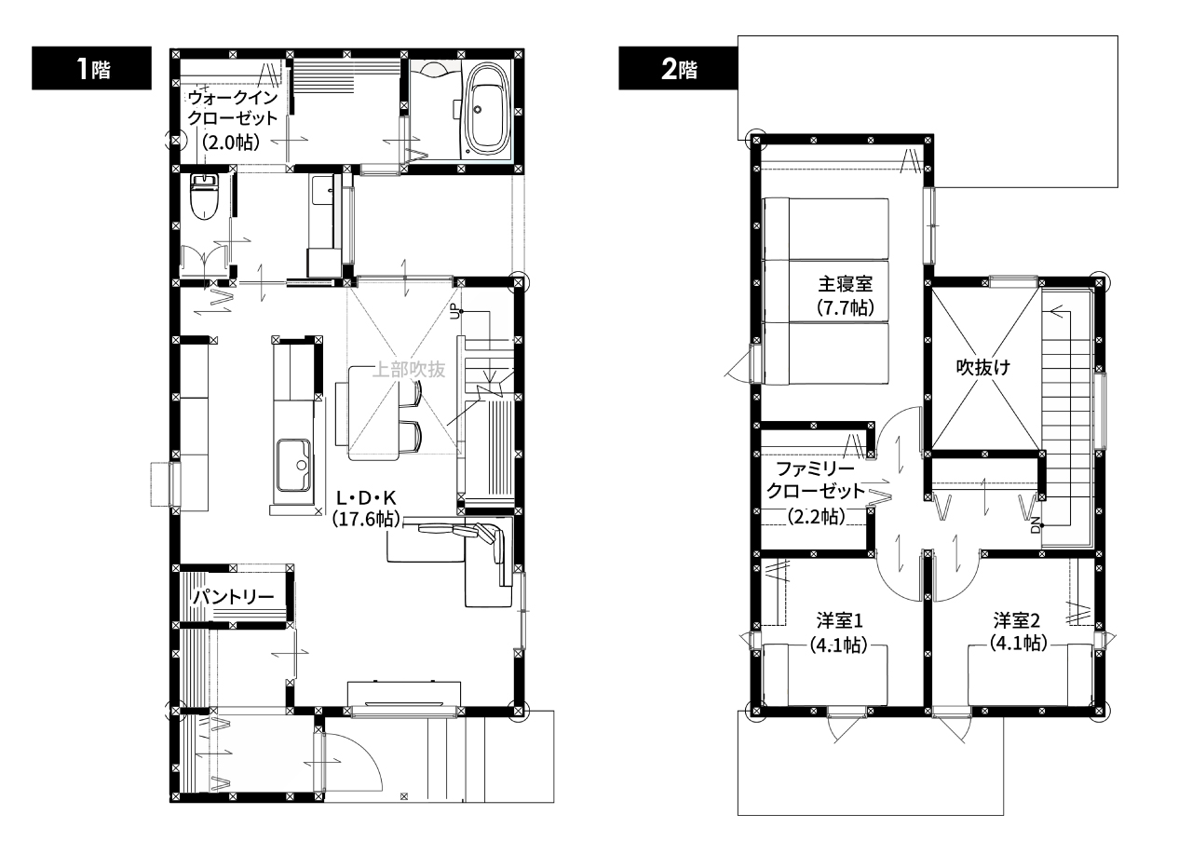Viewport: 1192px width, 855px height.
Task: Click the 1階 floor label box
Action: (x=91, y=68)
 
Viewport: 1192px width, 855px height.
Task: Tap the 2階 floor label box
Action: (x=678, y=68)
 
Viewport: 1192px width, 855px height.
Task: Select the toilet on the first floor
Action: (x=204, y=197)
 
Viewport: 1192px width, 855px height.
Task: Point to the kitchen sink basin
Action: (x=293, y=465)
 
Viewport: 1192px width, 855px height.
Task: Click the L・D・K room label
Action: (x=366, y=497)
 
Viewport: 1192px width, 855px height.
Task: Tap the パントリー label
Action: (x=233, y=597)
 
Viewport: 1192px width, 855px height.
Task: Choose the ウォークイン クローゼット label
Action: (x=233, y=107)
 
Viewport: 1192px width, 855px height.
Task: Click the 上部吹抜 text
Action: (x=408, y=369)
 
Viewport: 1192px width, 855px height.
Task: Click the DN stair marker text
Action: (x=1035, y=525)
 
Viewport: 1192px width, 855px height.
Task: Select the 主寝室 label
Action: (x=846, y=284)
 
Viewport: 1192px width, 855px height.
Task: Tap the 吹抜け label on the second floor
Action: (x=982, y=367)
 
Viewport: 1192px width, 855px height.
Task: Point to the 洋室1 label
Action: (x=839, y=620)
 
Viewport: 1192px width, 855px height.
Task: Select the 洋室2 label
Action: (x=1016, y=620)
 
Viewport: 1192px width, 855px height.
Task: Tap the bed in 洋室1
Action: (x=825, y=674)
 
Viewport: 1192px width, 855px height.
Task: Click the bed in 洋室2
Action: (x=1030, y=674)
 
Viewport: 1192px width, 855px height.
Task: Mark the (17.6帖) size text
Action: (x=366, y=519)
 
